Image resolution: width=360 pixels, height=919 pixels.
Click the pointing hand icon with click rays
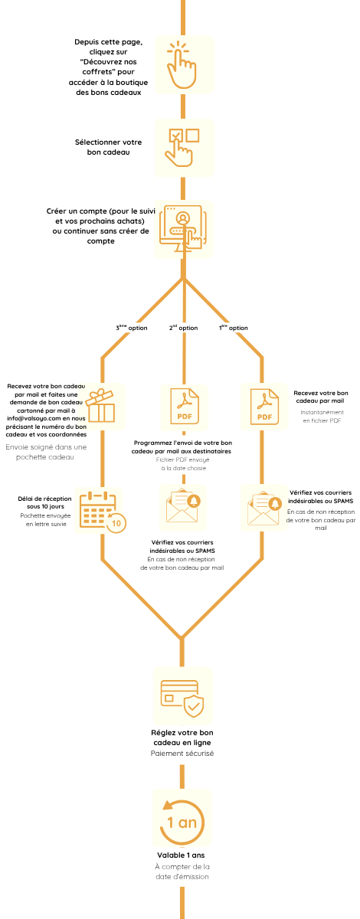[182, 65]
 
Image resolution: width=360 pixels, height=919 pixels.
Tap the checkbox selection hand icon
[182, 148]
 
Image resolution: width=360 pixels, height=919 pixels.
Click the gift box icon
[100, 406]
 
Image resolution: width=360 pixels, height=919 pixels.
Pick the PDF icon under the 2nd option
[185, 407]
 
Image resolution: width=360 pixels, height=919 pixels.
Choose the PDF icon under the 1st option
[265, 407]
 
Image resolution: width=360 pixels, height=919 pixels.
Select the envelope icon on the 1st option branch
[264, 509]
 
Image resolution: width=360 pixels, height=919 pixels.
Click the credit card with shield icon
[182, 698]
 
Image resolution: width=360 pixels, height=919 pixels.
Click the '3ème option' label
[131, 328]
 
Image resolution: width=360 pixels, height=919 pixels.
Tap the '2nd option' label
[184, 328]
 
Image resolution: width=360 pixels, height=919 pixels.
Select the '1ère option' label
[233, 328]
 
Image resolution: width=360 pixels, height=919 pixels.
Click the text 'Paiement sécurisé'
[182, 754]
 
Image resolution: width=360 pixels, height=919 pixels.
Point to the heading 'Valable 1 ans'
[181, 855]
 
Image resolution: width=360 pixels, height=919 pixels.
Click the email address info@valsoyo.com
[34, 418]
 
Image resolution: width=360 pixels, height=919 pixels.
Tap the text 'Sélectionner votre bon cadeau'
[108, 147]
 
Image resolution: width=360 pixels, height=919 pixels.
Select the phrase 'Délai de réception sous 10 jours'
[44, 502]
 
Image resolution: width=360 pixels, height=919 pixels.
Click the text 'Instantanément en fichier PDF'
[322, 416]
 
